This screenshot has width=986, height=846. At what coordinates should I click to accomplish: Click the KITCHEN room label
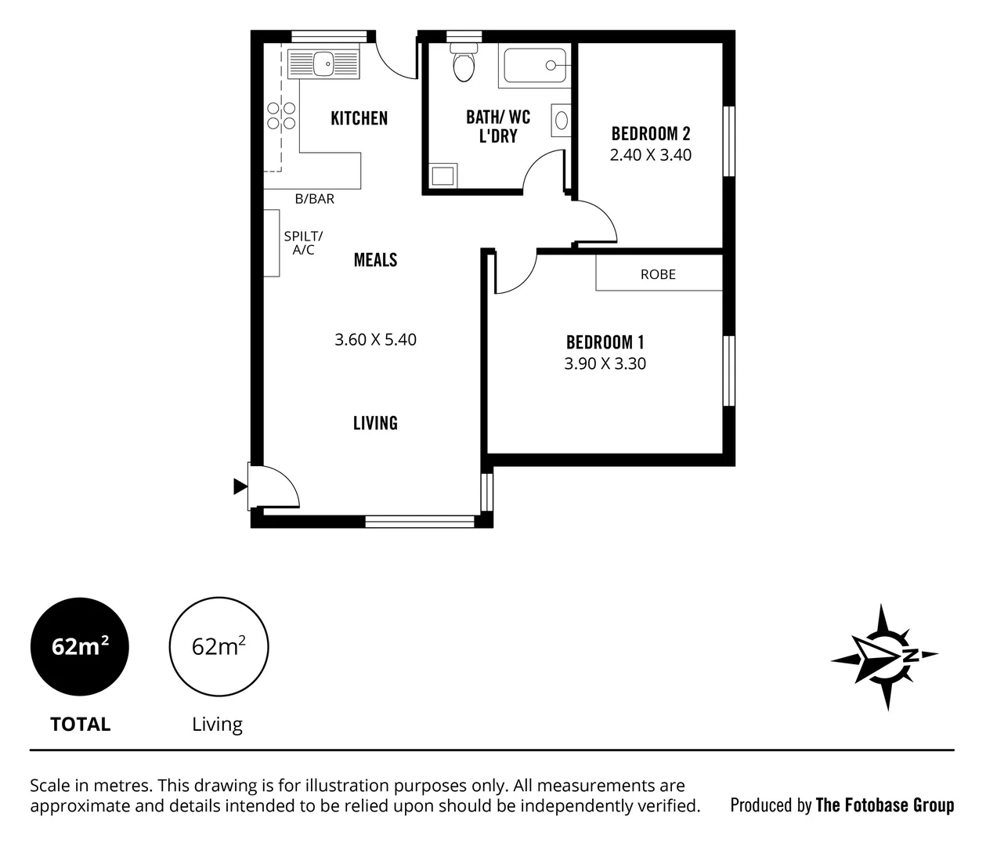click(359, 118)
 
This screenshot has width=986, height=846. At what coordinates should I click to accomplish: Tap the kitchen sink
click(323, 63)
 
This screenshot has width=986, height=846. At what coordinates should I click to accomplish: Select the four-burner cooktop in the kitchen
click(281, 116)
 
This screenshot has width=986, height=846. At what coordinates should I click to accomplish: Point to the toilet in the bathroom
click(464, 64)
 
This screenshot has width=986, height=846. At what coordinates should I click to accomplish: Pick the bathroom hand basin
click(562, 120)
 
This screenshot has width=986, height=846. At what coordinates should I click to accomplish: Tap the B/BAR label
click(315, 199)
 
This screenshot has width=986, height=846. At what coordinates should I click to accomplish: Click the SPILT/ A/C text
click(303, 243)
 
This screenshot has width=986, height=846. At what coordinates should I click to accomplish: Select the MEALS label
click(375, 260)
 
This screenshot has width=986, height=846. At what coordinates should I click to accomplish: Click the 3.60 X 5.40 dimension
click(375, 340)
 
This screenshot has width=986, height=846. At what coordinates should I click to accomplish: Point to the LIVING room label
click(375, 423)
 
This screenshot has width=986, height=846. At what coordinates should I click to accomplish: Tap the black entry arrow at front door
click(240, 487)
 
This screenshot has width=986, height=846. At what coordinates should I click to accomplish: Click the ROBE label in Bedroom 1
click(658, 275)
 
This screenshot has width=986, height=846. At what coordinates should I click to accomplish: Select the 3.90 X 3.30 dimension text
click(605, 363)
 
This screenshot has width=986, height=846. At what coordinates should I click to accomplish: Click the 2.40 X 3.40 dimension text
click(650, 155)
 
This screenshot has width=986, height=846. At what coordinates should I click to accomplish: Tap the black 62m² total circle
click(79, 647)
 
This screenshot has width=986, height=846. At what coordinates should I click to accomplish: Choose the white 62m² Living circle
click(219, 647)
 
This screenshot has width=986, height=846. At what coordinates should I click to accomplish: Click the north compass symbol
click(885, 656)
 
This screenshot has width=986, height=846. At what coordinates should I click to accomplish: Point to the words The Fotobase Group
click(884, 805)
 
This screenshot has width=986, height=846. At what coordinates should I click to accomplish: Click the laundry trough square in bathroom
click(442, 175)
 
